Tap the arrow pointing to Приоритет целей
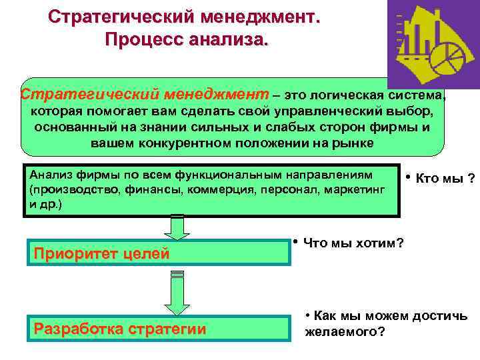(x=177, y=228)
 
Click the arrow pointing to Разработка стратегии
(x=177, y=293)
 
